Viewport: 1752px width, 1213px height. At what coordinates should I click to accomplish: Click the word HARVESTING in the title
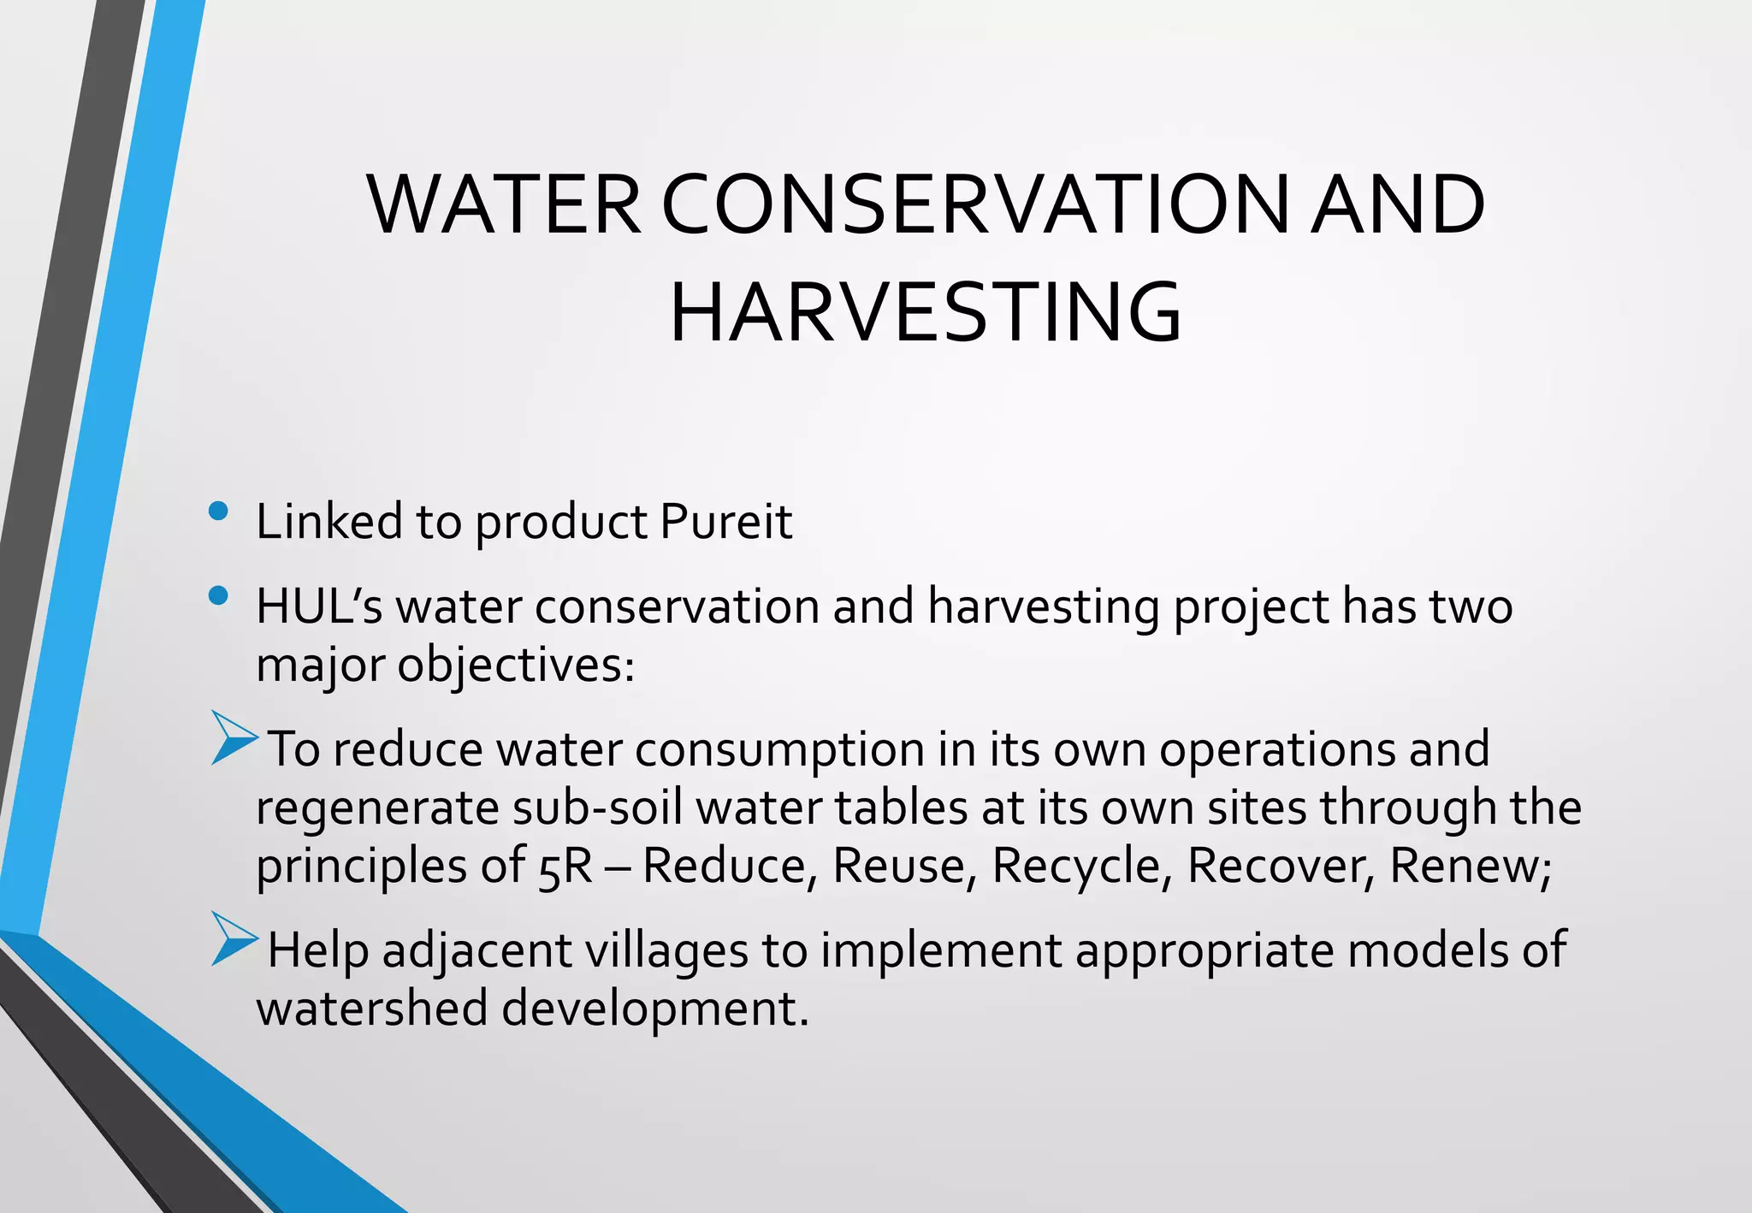click(x=926, y=313)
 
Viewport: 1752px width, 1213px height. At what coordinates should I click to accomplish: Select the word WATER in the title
click(x=505, y=205)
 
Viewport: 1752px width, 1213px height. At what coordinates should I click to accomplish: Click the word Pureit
click(x=726, y=522)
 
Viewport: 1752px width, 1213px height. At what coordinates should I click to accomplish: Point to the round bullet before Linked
click(x=218, y=512)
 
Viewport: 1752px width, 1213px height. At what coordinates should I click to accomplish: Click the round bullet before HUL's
click(x=218, y=595)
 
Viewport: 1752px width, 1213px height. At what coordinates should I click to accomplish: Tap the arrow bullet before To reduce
click(x=234, y=737)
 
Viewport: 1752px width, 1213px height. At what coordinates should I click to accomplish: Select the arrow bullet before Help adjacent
click(x=234, y=939)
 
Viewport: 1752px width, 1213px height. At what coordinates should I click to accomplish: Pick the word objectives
click(x=516, y=666)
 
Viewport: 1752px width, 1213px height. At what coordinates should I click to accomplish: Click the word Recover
click(x=1281, y=867)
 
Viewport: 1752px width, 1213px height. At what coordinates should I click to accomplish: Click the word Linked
click(x=329, y=522)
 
